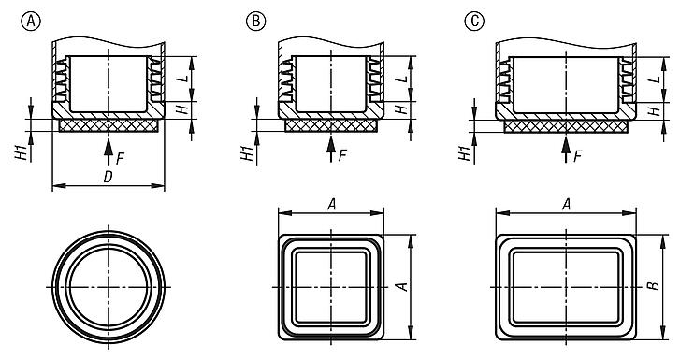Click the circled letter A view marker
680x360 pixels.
click(x=30, y=21)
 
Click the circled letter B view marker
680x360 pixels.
click(x=256, y=21)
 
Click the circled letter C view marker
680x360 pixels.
click(x=474, y=21)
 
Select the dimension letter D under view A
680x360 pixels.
click(x=108, y=177)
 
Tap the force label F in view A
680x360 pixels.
click(x=120, y=159)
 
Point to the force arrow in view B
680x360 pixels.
click(x=331, y=149)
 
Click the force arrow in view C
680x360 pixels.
click(x=566, y=149)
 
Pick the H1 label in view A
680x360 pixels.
click(x=22, y=152)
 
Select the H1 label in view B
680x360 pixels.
click(x=247, y=152)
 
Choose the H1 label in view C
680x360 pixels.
click(x=465, y=152)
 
